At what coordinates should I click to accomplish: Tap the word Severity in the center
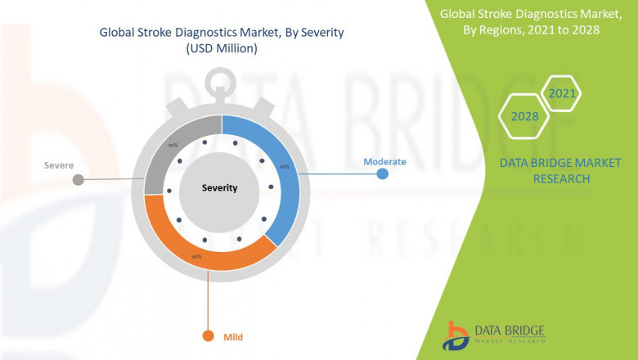click(x=219, y=188)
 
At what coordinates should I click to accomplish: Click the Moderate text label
click(x=384, y=162)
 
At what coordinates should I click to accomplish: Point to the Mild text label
click(x=234, y=337)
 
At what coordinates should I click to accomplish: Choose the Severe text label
click(x=59, y=165)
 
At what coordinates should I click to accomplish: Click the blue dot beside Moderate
click(x=382, y=174)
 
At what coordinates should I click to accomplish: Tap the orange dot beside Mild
click(x=208, y=336)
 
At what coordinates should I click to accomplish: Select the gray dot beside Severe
click(x=78, y=179)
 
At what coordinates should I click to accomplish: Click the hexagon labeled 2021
click(x=562, y=93)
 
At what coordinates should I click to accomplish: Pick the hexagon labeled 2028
click(x=524, y=116)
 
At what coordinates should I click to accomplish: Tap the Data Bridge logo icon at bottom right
click(x=455, y=335)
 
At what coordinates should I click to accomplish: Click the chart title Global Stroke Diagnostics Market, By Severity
click(x=221, y=33)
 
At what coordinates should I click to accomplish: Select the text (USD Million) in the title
click(x=221, y=49)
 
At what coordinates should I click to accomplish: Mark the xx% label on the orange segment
click(x=196, y=257)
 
